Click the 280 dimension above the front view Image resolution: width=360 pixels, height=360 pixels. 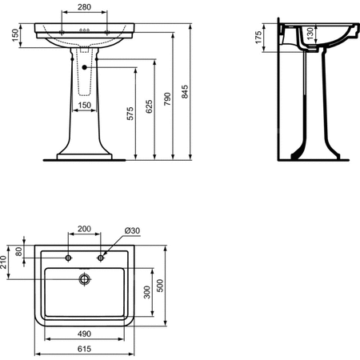point(84,7)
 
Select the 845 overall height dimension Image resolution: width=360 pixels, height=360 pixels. point(185,92)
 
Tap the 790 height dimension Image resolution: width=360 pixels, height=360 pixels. point(167,99)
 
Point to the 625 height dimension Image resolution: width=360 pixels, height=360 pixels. point(150,106)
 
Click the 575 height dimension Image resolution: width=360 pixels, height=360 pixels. point(130,114)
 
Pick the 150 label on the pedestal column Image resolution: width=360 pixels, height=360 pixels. point(85,105)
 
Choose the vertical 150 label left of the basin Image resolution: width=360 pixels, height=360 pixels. point(15,35)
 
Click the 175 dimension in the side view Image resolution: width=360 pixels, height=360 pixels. point(258,38)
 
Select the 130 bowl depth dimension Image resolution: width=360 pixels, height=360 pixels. point(310,34)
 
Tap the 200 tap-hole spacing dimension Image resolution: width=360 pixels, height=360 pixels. point(84,229)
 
